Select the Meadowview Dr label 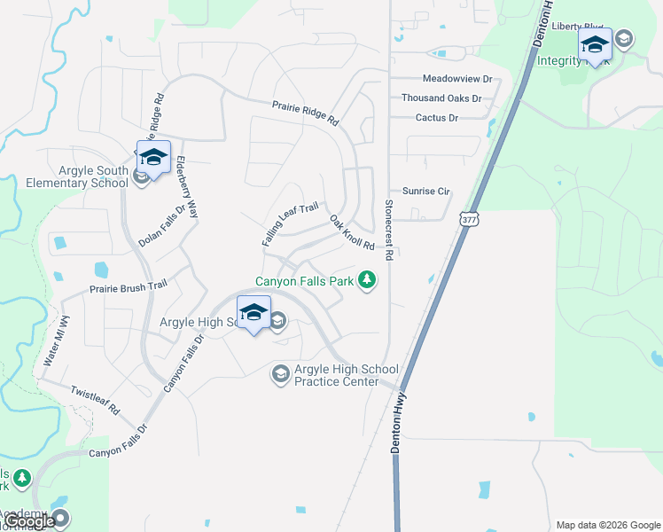point(456,79)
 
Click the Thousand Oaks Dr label point(441,98)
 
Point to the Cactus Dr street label point(436,118)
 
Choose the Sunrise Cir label point(426,191)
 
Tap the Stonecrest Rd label point(388,230)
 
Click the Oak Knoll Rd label point(352,232)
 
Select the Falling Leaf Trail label point(289,225)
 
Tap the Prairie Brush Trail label point(128,287)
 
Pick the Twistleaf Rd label point(95,400)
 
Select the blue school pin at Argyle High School point(253,313)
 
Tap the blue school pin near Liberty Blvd point(595,44)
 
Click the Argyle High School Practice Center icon point(281,374)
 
